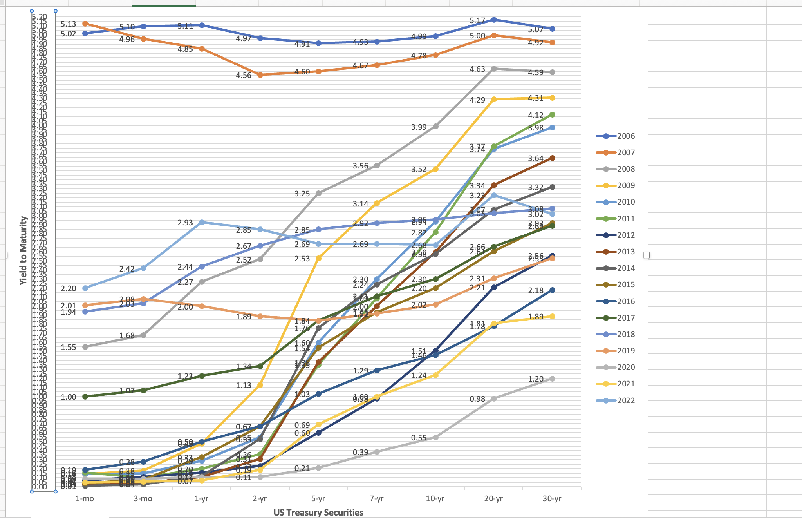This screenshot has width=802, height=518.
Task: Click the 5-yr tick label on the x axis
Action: (x=318, y=498)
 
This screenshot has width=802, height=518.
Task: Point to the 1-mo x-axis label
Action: (x=85, y=498)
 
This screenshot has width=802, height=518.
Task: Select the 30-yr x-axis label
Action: (x=552, y=498)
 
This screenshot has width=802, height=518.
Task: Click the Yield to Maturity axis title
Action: (x=23, y=250)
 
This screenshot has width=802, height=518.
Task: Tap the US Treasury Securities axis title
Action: (x=318, y=512)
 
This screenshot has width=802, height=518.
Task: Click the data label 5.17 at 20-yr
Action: (x=477, y=20)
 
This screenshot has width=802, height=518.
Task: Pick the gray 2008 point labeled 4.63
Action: (x=493, y=69)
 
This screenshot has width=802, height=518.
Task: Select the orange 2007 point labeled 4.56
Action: (x=260, y=75)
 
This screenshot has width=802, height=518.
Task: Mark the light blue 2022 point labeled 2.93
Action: (x=202, y=222)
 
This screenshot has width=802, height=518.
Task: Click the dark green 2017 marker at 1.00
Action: (x=85, y=397)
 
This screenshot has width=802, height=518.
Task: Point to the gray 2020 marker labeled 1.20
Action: (x=552, y=379)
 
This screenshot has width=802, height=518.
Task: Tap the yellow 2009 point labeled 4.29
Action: (x=493, y=100)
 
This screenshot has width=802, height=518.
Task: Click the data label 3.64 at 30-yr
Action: (x=535, y=158)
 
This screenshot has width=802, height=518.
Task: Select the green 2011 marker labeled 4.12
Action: (x=552, y=114)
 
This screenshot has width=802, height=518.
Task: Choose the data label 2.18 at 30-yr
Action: (x=535, y=290)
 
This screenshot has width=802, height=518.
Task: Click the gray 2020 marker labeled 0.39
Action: (x=377, y=452)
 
